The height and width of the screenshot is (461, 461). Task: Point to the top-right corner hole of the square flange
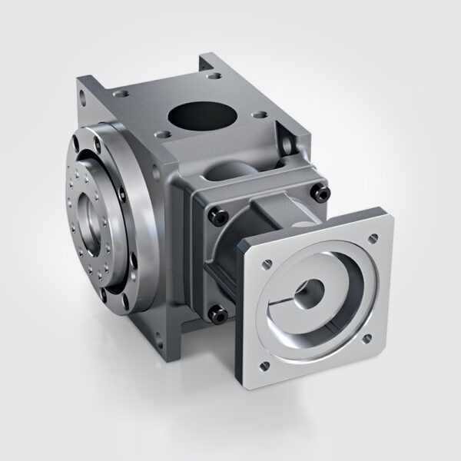point(373,240)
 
